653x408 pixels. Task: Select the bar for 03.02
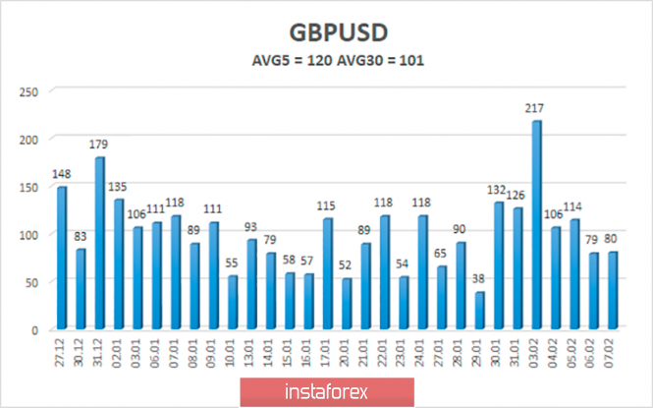pos(536,225)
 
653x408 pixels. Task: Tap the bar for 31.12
pos(99,243)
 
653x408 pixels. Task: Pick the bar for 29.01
pos(479,311)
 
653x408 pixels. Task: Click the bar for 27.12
pos(61,258)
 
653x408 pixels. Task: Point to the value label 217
pos(536,108)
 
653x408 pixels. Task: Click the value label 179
pos(98,146)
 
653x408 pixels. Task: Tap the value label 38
pos(479,279)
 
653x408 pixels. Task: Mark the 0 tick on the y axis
pos(33,329)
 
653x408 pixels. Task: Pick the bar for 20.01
pos(347,304)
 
